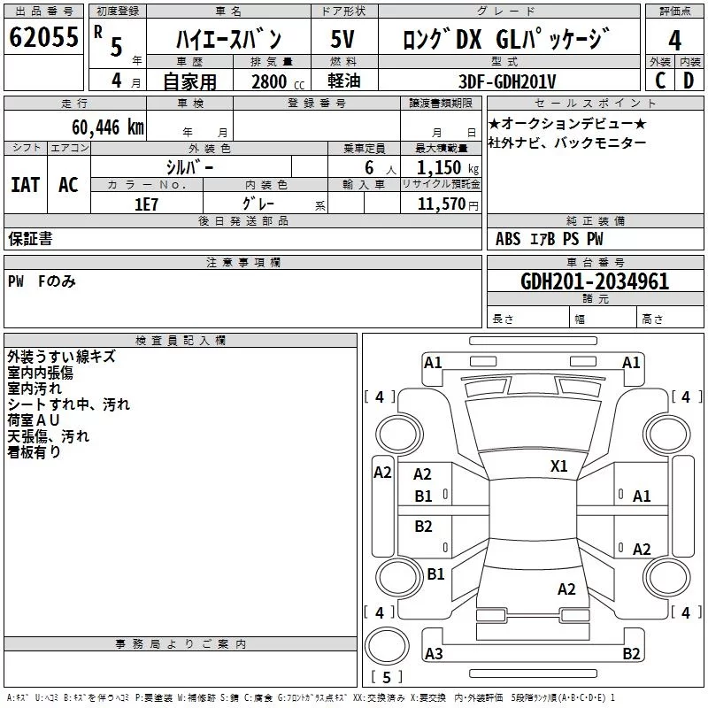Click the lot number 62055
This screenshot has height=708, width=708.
(43, 37)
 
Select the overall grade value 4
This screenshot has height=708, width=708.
(674, 41)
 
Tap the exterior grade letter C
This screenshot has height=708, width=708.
(660, 81)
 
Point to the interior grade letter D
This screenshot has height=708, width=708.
(689, 81)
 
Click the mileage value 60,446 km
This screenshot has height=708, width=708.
(108, 127)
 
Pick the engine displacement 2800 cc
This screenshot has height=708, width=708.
(278, 81)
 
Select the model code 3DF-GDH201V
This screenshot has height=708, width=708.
(507, 81)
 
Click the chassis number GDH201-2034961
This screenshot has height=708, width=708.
(595, 281)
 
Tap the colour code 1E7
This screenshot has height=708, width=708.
(146, 204)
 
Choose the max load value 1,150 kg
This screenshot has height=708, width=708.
(447, 168)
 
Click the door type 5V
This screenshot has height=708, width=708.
(342, 39)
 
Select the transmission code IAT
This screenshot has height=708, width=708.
(25, 185)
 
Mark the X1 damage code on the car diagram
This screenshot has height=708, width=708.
(559, 466)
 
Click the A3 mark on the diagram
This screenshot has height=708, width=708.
(434, 653)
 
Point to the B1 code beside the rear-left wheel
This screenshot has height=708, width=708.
(435, 573)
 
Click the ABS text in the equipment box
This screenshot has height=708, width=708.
(508, 239)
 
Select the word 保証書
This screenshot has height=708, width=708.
(30, 238)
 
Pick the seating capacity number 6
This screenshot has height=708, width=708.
(369, 168)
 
